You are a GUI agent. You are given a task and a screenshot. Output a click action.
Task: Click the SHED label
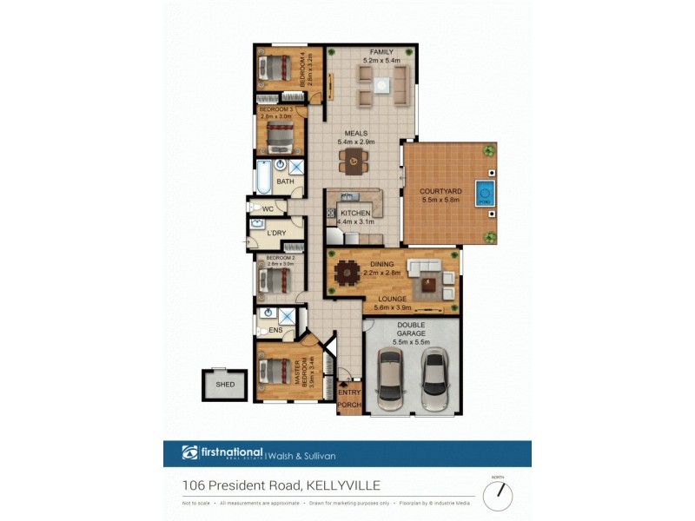pyautogui.click(x=224, y=385)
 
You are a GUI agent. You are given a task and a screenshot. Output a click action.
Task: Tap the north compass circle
pyautogui.click(x=498, y=495)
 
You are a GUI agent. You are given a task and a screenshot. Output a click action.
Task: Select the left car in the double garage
pyautogui.click(x=390, y=379)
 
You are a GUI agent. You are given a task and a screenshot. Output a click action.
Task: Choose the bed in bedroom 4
pyautogui.click(x=277, y=67)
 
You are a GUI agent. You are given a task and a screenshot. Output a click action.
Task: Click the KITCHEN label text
pyautogui.click(x=356, y=213)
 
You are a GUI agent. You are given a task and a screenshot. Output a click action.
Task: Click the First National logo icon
pyautogui.click(x=189, y=452)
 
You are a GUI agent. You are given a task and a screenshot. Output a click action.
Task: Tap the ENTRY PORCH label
pyautogui.click(x=348, y=398)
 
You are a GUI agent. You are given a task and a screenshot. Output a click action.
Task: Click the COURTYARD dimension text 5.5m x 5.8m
pyautogui.click(x=440, y=201)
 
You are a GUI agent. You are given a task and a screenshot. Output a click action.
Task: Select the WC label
pyautogui.click(x=268, y=209)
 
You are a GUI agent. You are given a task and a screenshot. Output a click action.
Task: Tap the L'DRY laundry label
pyautogui.click(x=276, y=234)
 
